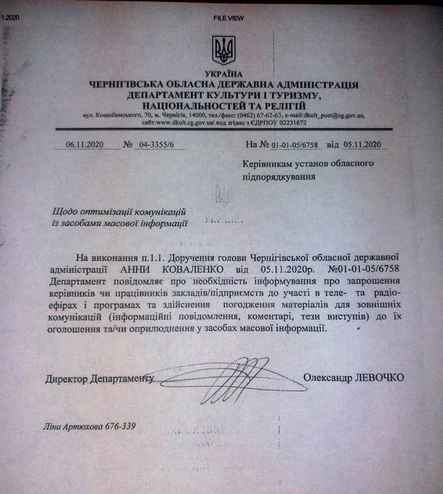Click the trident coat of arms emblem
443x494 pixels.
[223, 49]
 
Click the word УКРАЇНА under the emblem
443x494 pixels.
[223, 74]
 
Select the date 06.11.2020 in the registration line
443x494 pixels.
[82, 145]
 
